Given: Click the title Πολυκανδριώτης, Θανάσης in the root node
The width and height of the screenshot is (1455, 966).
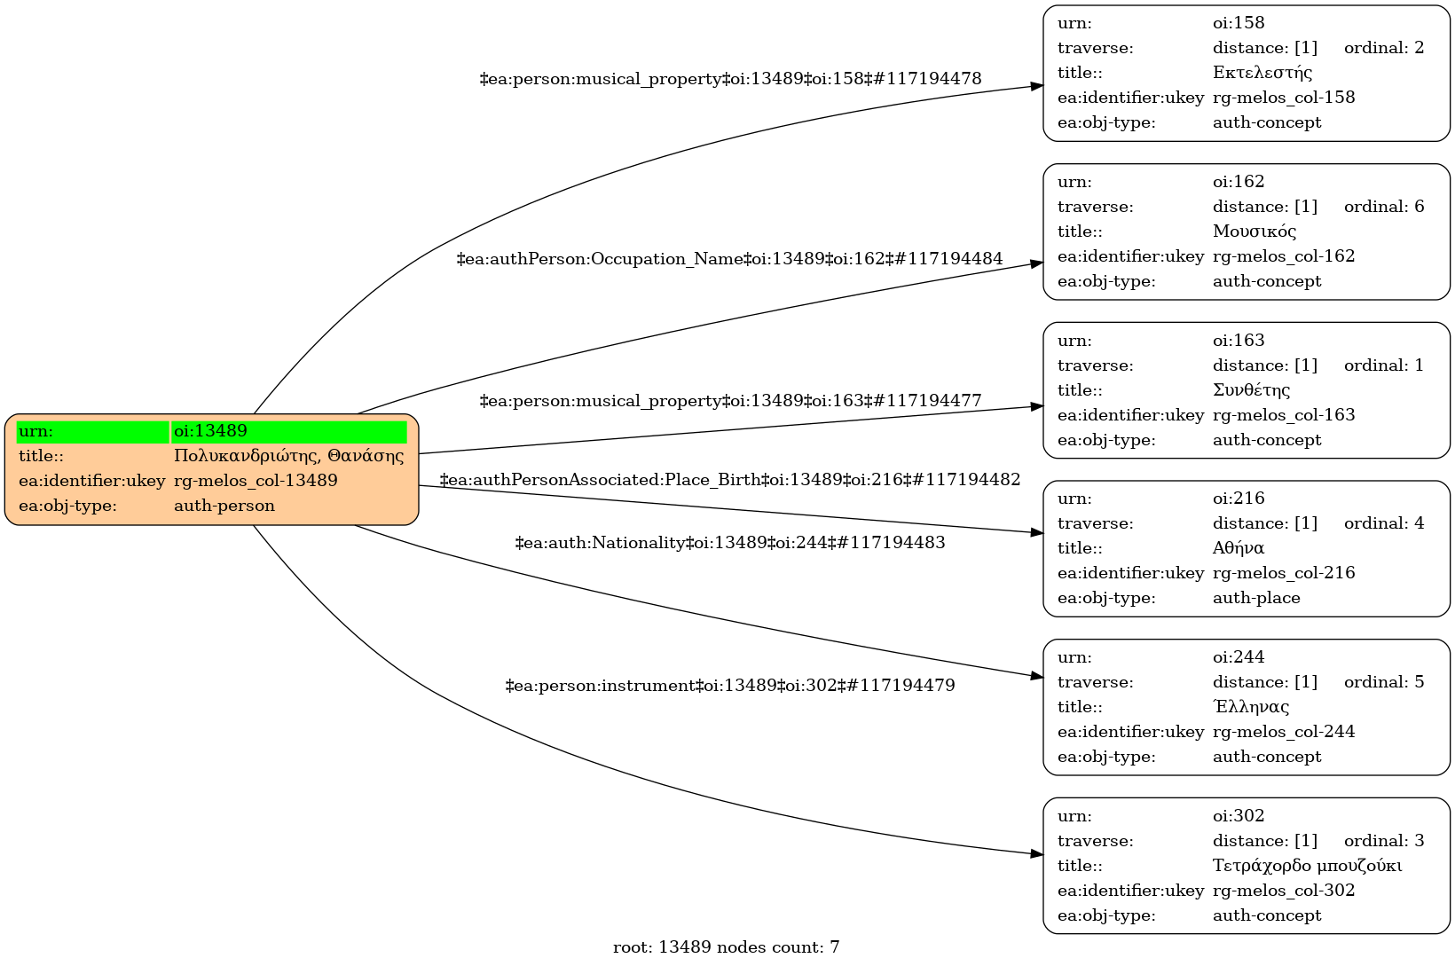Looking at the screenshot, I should click(x=288, y=456).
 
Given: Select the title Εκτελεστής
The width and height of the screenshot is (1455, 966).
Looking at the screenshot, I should click(x=1262, y=73).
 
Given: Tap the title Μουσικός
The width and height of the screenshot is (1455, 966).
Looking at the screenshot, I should click(x=1254, y=232).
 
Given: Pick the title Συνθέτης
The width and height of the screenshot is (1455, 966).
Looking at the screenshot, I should click(x=1251, y=389).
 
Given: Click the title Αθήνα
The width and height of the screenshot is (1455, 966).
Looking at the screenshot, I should click(x=1238, y=548).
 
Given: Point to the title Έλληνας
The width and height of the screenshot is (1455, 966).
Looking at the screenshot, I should click(x=1250, y=707).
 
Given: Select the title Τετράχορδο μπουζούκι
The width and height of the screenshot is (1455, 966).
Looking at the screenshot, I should click(x=1307, y=865).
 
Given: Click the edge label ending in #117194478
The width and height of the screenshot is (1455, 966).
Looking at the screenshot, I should click(x=730, y=79).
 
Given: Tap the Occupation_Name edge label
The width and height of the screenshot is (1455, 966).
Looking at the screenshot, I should click(x=729, y=259).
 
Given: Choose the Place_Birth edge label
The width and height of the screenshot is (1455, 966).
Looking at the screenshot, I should click(x=729, y=480).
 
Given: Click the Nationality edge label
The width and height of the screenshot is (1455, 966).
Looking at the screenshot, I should click(x=729, y=542).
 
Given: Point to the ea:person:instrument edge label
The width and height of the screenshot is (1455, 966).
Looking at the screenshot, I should click(x=729, y=686).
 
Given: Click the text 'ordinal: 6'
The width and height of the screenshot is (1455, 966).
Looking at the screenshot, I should click(x=1383, y=207).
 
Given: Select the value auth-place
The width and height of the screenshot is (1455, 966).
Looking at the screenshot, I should click(x=1255, y=598).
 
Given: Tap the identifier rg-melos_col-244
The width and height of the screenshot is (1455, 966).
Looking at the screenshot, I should click(x=1283, y=732).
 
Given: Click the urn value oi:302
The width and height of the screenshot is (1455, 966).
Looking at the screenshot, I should click(x=1238, y=816).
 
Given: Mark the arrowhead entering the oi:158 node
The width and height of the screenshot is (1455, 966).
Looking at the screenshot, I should click(x=1036, y=86).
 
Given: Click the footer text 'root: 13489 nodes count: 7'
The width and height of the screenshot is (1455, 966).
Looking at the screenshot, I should click(x=726, y=947).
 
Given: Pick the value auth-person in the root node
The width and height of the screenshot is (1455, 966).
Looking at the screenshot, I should click(x=224, y=506).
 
